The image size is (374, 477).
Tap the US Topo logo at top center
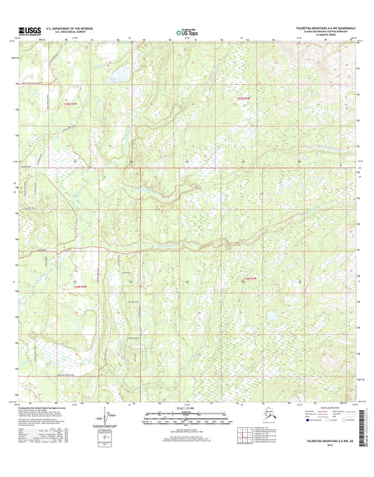point(184,31)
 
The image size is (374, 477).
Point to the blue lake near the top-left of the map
point(119,72)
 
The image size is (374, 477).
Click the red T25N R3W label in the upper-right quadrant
point(243,98)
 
